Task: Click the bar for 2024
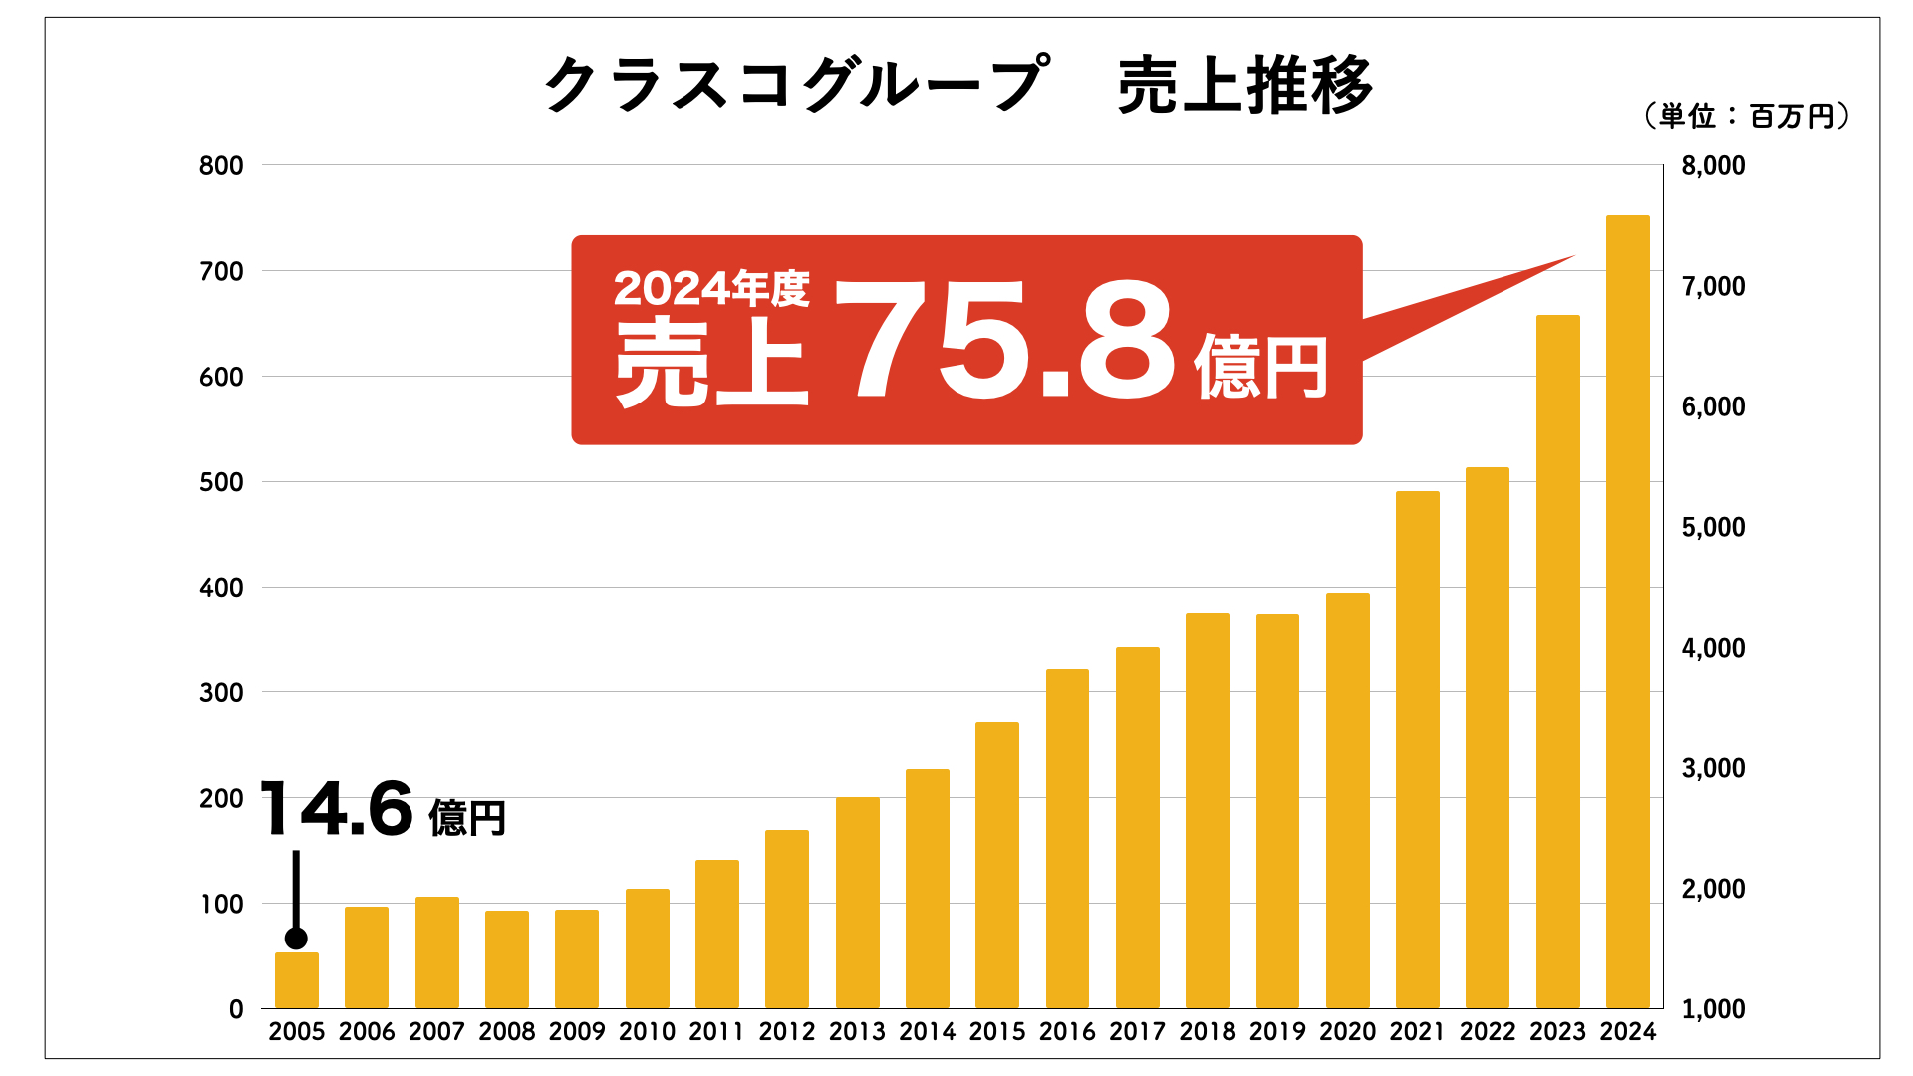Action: tap(1627, 612)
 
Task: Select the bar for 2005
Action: tap(297, 980)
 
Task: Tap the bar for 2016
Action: tap(1067, 838)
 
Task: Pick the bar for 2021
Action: tap(1417, 749)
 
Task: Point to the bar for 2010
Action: tap(647, 948)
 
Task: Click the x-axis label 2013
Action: tap(857, 1032)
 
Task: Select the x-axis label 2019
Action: tap(1277, 1032)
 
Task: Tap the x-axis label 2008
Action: tap(507, 1032)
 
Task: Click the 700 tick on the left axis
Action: tap(221, 271)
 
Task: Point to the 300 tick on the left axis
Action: tap(221, 693)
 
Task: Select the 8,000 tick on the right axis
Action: tap(1713, 166)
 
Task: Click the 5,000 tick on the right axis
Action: tap(1713, 527)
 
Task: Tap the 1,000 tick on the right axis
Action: tap(1713, 1009)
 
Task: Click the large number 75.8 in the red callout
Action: tap(1006, 341)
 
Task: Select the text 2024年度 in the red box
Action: tap(711, 289)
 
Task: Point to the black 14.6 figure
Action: tap(337, 809)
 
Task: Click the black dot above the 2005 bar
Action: tap(296, 939)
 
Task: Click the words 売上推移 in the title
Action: tap(1244, 86)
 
